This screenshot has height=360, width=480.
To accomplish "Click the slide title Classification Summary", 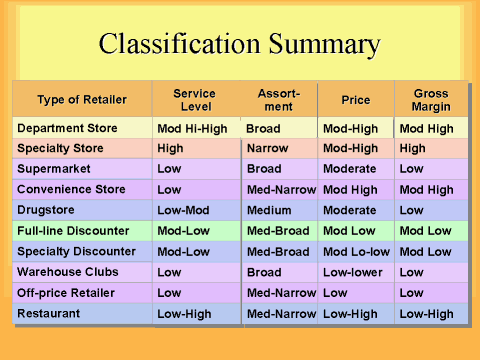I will (x=239, y=45).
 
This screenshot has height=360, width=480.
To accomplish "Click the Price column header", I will (x=355, y=100).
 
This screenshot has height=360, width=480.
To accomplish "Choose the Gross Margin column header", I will (x=430, y=99).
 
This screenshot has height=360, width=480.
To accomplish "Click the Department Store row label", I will (x=67, y=129).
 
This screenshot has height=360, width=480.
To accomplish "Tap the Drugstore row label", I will (x=47, y=210).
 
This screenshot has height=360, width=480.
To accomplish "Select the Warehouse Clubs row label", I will (x=67, y=272).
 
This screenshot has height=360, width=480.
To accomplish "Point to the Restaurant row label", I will (x=50, y=314).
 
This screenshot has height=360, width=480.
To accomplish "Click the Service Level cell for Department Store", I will (x=192, y=129).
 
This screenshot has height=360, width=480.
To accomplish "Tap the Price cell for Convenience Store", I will (x=350, y=189).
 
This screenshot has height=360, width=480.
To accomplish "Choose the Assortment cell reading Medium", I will (x=269, y=210).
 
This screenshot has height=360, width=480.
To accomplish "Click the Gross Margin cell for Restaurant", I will (x=427, y=314).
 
